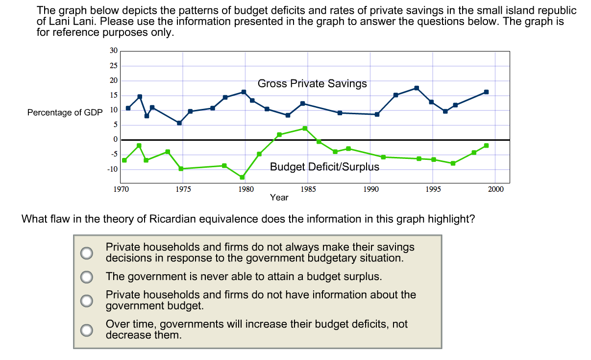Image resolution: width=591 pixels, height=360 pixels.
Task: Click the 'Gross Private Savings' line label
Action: coord(312,84)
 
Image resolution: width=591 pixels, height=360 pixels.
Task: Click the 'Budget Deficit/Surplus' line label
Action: coord(324,167)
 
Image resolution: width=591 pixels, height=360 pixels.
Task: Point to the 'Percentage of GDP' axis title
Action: coord(65,113)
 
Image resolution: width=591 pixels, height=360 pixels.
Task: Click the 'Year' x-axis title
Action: coord(279,198)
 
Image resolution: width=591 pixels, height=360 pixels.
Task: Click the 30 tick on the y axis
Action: coord(113,51)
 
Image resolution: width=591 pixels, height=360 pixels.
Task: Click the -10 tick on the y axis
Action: coord(112,169)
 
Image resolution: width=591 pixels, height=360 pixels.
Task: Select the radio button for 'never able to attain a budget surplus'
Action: coord(87,277)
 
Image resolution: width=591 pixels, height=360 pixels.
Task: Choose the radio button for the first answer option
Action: coord(87,253)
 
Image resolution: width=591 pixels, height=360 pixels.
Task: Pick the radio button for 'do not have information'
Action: coord(87,300)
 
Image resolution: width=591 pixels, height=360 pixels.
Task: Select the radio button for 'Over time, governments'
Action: coord(87,330)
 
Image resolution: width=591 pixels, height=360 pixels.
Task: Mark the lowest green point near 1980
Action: coord(242,177)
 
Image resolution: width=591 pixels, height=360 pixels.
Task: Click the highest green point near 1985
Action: coord(305,129)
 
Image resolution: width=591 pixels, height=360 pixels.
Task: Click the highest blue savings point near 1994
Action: coord(417,88)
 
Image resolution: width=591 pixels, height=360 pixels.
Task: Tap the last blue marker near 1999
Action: coord(486,92)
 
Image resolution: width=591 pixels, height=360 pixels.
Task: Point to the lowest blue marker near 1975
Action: coord(179,123)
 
